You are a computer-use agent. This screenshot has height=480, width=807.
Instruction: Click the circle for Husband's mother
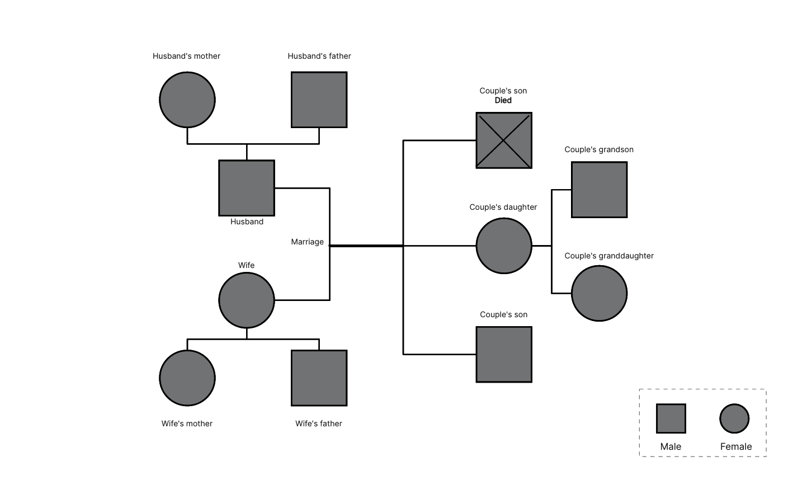click(187, 100)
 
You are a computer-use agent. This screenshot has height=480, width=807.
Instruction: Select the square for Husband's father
click(319, 100)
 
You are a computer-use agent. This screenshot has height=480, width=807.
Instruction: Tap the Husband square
click(247, 188)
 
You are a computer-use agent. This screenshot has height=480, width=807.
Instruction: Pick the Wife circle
click(247, 300)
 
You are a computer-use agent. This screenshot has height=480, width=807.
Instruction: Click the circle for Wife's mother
click(187, 378)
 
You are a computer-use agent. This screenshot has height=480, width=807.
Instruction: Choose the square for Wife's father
click(319, 378)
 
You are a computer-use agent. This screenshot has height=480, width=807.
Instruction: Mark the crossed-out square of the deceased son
click(504, 140)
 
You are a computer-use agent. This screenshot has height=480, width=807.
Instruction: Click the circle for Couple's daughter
click(504, 246)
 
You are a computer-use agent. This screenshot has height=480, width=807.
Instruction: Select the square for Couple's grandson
click(599, 190)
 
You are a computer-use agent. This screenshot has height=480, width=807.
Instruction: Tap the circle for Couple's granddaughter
click(599, 293)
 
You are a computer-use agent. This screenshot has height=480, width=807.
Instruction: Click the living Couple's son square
click(504, 355)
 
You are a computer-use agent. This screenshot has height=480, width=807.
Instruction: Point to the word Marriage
click(307, 242)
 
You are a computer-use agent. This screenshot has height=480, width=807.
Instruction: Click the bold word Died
click(503, 101)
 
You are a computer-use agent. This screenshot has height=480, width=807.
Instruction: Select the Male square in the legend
click(671, 418)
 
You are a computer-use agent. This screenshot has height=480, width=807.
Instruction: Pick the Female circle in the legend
click(734, 418)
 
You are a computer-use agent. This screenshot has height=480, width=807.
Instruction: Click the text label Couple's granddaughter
click(609, 256)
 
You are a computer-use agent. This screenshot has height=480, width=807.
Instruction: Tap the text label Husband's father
click(319, 56)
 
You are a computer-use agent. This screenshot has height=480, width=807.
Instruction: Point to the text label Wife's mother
click(187, 423)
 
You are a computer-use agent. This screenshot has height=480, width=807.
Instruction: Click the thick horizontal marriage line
click(366, 246)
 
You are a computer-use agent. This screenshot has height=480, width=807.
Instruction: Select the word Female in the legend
click(736, 446)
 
